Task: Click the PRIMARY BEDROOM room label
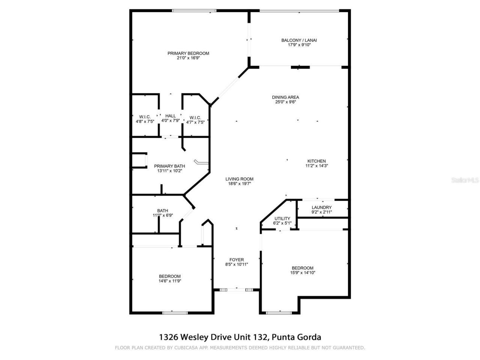(x=188, y=53)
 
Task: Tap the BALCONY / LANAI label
(x=297, y=40)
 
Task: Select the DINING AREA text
(x=285, y=97)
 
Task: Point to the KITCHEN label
(x=317, y=161)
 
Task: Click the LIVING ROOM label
(x=239, y=179)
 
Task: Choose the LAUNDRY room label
(x=322, y=207)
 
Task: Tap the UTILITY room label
(x=282, y=219)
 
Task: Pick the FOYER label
(x=237, y=259)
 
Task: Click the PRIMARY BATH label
(x=169, y=166)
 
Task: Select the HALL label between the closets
(x=171, y=116)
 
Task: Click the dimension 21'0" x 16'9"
(x=188, y=58)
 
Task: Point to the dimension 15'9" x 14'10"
(x=303, y=273)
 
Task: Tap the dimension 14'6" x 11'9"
(x=170, y=281)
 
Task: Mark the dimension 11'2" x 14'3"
(x=317, y=166)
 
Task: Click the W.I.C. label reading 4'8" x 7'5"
(x=145, y=117)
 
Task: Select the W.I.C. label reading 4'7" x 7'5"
(x=195, y=117)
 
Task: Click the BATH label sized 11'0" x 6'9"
(x=162, y=211)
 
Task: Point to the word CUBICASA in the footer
(x=187, y=348)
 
